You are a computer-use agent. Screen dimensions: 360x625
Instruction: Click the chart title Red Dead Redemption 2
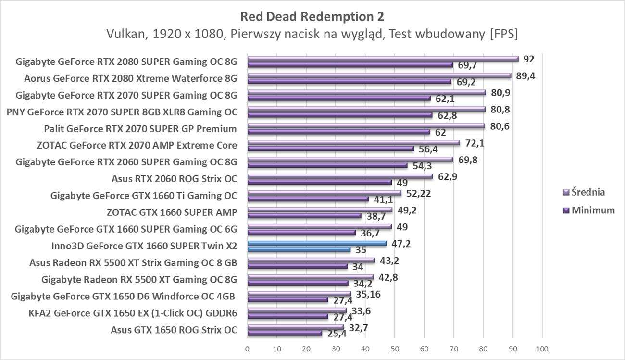pos(312,16)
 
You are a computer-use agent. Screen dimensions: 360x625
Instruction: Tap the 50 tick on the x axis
pos(395,348)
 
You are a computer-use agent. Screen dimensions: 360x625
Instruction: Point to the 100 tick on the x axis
pos(542,348)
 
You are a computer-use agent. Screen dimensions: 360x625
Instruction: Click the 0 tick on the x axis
pos(247,348)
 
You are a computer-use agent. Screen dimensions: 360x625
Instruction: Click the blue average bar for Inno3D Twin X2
pos(316,244)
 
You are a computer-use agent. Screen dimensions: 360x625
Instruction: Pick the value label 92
pos(529,60)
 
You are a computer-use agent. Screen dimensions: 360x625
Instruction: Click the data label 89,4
pos(525,75)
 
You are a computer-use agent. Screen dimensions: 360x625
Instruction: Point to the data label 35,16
pos(367,294)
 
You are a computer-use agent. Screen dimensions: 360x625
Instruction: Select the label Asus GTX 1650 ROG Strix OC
pos(174,330)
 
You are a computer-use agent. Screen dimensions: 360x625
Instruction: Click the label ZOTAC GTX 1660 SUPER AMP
pos(172,212)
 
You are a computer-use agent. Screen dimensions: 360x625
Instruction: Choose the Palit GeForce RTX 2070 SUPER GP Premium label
pos(140,129)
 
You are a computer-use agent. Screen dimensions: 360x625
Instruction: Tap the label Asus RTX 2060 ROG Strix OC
pos(174,179)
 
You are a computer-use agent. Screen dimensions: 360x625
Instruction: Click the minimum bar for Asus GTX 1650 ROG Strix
pos(285,333)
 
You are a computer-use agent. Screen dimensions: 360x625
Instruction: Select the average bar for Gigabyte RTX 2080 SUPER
pos(383,59)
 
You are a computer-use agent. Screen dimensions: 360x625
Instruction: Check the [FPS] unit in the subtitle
pos(502,35)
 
